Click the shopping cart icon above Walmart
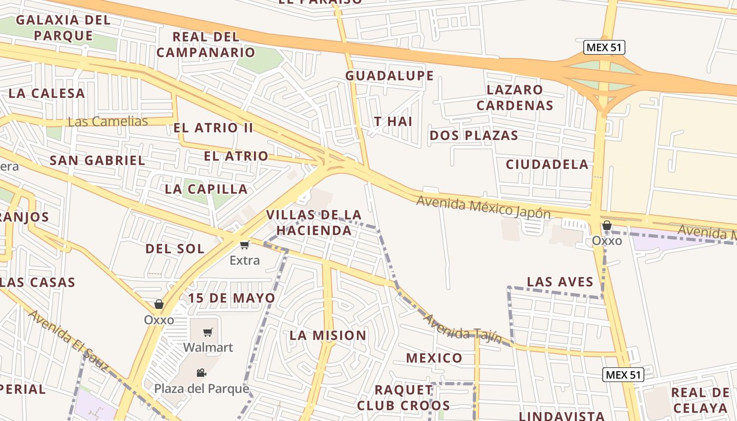pos(208,333)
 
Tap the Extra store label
pos(245,260)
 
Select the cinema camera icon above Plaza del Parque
pos(201,373)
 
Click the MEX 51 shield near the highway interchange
pos(604,47)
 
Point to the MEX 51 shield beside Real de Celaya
pos(623,375)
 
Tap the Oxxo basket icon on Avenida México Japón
pos(607,226)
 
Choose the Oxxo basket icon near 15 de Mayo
pos(158,304)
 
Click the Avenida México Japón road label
pos(483,207)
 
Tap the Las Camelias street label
pos(108,122)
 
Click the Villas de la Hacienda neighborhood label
pos(314,223)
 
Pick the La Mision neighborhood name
pos(328,335)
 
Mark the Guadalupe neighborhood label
pos(390,76)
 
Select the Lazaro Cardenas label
pos(515,97)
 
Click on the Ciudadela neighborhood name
pos(547,164)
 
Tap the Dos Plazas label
pos(474,135)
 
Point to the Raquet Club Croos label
pos(404,397)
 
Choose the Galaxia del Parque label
pos(63,28)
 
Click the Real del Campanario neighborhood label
pos(206,45)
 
